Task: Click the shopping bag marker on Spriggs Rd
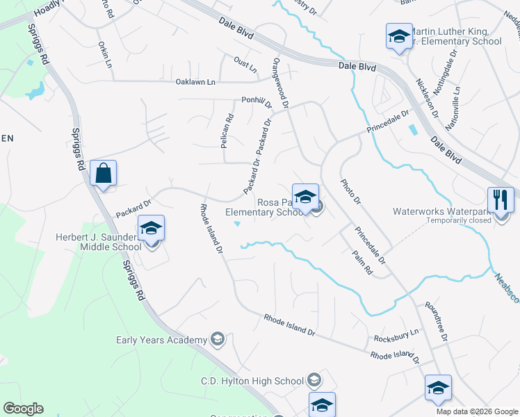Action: tap(103, 174)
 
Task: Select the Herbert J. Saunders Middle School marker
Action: tap(151, 229)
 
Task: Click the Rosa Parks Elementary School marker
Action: tap(304, 197)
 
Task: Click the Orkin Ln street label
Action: tap(105, 54)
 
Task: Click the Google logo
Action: tap(23, 409)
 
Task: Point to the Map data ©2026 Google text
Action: tap(477, 411)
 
